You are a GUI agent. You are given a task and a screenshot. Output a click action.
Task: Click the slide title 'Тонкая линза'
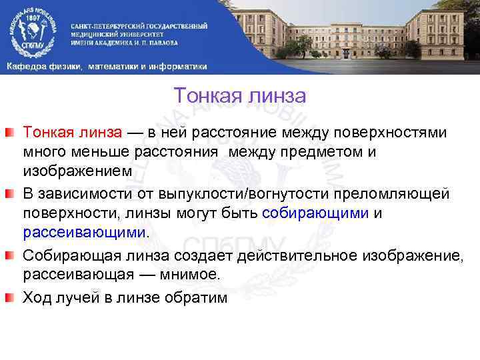(239, 97)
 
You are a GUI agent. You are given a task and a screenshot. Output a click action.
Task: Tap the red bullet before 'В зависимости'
(11, 194)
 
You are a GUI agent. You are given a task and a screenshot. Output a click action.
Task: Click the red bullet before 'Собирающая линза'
(11, 253)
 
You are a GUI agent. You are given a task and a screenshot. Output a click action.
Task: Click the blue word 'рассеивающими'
(84, 233)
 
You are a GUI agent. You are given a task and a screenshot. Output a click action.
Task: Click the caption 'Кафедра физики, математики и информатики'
(107, 66)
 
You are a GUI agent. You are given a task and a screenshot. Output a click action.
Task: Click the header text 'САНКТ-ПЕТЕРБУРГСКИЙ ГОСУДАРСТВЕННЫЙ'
(139, 25)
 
